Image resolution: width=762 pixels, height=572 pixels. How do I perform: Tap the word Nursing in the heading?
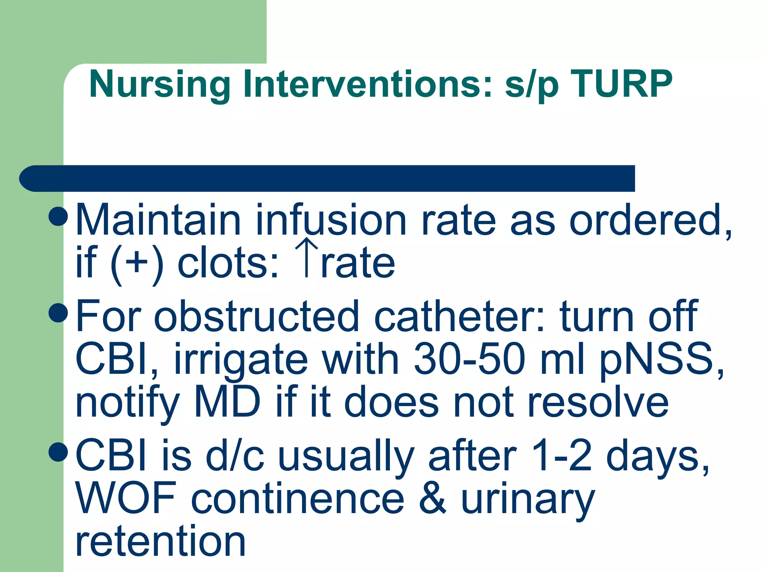pos(159,85)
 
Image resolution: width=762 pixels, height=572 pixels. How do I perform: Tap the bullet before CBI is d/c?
pos(58,451)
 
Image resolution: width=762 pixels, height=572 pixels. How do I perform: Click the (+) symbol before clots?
pos(137,263)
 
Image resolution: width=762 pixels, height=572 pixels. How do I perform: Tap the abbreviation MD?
pos(227,402)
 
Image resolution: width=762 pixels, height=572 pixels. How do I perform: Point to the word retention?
pos(160,541)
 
